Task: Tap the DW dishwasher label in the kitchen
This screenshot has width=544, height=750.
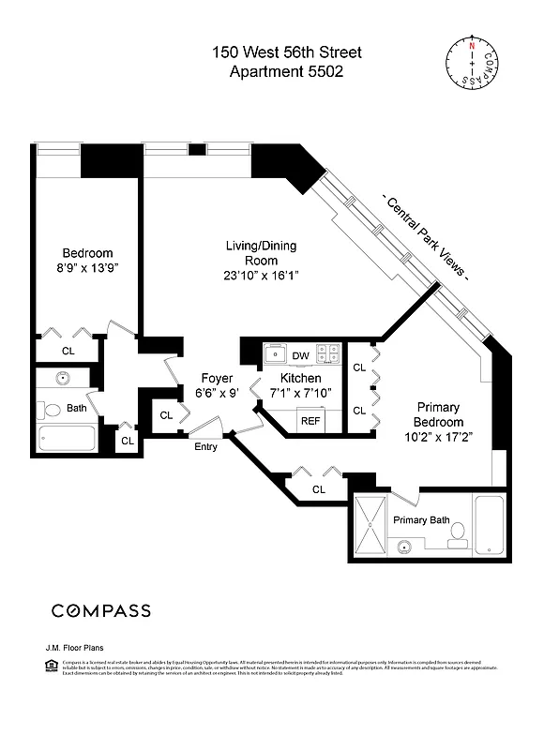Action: [x=300, y=355]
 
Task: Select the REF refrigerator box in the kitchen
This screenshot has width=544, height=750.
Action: [x=309, y=421]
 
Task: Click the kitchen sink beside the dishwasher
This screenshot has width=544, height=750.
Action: [x=275, y=353]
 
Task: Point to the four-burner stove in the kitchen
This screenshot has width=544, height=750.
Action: [x=327, y=353]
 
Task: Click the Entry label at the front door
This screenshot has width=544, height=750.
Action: [x=205, y=446]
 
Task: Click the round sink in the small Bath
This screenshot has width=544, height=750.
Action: [x=64, y=379]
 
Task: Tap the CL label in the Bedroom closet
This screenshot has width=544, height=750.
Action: [x=68, y=351]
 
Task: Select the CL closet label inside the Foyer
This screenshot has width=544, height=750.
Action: [x=166, y=414]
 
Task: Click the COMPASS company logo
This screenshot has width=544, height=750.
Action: [x=100, y=610]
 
